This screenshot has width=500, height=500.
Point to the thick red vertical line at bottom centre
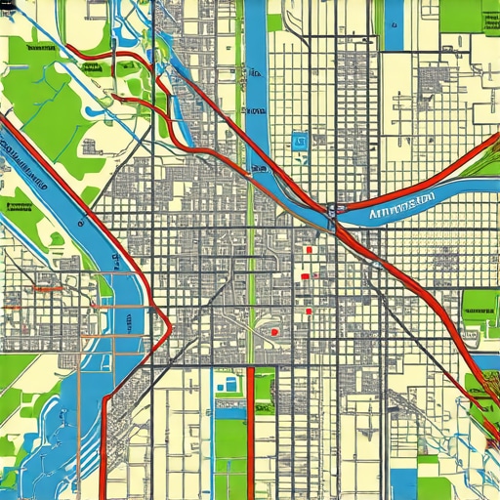coord(250,430)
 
